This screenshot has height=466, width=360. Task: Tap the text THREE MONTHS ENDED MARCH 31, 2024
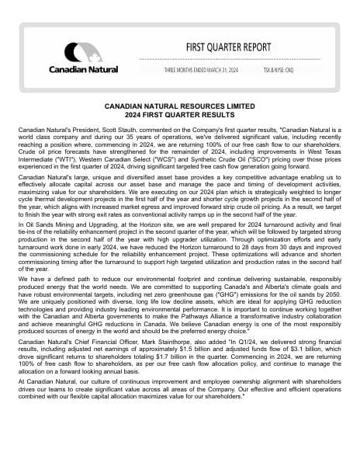point(200,70)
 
